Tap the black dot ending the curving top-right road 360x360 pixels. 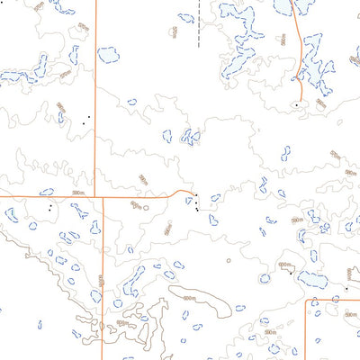pos(296,104)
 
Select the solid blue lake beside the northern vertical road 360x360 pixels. pos(108,55)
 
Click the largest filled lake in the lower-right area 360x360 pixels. pos(312,280)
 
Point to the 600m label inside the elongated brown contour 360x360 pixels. pos(188,298)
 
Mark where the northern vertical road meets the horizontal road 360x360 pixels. pos(95,194)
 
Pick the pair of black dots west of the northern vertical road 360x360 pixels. pos(86,118)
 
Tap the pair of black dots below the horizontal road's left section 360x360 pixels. pos(50,207)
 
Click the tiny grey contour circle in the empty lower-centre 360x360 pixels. pos(229,260)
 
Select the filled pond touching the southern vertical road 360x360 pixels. pos(95,228)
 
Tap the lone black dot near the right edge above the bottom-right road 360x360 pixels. pos(346,289)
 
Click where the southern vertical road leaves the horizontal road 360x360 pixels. pos(103,195)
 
